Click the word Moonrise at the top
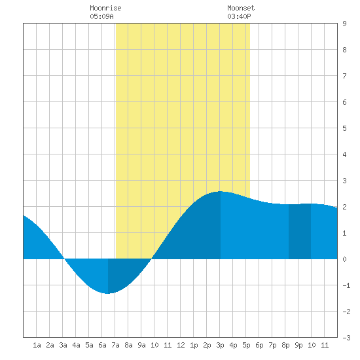pos(105,8)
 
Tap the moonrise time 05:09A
pos(101,16)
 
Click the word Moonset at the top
pos(241,8)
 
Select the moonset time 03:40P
pos(239,16)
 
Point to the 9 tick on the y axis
pos(344,24)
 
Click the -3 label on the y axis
pos(346,338)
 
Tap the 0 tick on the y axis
pos(344,259)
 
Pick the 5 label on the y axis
pos(344,128)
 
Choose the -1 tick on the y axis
pos(346,285)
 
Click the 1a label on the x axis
pos(37,345)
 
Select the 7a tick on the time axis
pos(115,345)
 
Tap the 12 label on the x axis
pos(181,345)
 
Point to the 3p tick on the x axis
pos(220,345)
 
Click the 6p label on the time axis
pos(259,345)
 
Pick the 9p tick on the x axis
pos(298,345)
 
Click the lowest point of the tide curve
pos(107,293)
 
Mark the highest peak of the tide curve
pos(220,191)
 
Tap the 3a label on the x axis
pos(63,345)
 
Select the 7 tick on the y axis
pos(344,76)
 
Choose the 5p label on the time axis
pos(246,345)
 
